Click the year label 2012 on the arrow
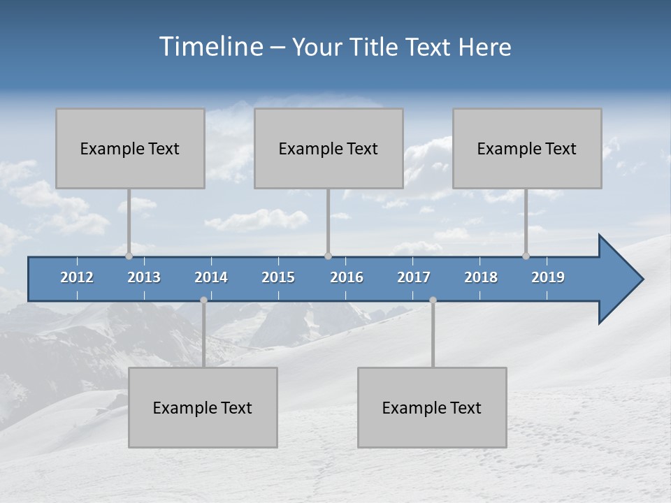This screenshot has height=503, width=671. [77, 277]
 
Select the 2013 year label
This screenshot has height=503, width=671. [144, 277]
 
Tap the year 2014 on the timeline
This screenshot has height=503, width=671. [211, 277]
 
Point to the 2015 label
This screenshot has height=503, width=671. [278, 277]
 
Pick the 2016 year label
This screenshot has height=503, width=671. [347, 277]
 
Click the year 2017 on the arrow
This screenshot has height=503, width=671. [414, 277]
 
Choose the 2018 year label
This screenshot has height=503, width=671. [481, 277]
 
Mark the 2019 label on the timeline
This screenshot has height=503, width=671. [548, 277]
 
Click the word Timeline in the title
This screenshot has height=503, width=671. [210, 47]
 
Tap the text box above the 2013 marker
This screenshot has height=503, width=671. [130, 148]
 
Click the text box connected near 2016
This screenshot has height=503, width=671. [329, 148]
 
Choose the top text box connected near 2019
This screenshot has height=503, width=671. [527, 148]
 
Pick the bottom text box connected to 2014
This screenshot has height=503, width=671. [203, 407]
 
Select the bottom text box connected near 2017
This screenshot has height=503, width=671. [432, 407]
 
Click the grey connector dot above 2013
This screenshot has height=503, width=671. [129, 256]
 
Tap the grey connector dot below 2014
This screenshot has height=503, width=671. [203, 300]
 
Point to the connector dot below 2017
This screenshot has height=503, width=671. [433, 300]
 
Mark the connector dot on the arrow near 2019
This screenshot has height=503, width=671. [526, 256]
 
